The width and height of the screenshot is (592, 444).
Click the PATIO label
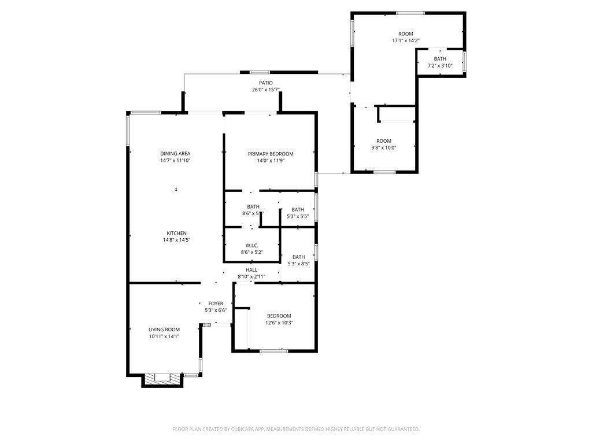pyautogui.click(x=265, y=83)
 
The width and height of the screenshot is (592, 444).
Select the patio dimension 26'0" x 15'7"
pyautogui.click(x=265, y=90)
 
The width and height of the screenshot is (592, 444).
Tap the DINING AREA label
pyautogui.click(x=175, y=153)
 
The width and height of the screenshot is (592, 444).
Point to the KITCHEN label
pyautogui.click(x=177, y=233)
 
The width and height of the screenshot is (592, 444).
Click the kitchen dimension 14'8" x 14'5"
pyautogui.click(x=177, y=240)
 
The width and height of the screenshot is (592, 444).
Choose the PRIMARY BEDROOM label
pyautogui.click(x=271, y=154)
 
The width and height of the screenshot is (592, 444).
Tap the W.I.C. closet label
pyautogui.click(x=251, y=245)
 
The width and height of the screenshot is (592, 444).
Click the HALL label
pyautogui.click(x=251, y=270)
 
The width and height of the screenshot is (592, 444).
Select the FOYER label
pyautogui.click(x=216, y=304)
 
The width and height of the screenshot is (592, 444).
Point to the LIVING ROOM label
pyautogui.click(x=164, y=330)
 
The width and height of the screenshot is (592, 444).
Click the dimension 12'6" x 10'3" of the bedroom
pyautogui.click(x=279, y=323)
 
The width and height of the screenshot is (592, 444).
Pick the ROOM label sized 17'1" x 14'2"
pyautogui.click(x=405, y=34)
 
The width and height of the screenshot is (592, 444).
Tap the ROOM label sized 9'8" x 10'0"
pyautogui.click(x=384, y=141)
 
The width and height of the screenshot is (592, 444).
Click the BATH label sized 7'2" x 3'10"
pyautogui.click(x=440, y=59)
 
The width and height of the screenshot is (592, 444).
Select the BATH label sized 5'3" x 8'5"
pyautogui.click(x=298, y=257)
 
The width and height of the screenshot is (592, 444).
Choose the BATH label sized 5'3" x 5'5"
pyautogui.click(x=298, y=210)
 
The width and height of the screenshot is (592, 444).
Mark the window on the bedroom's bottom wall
pyautogui.click(x=273, y=350)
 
